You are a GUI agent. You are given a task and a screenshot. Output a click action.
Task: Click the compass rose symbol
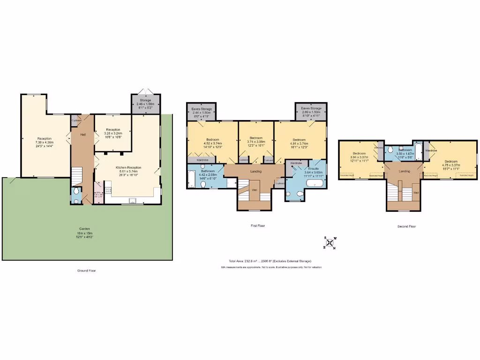pyautogui.click(x=330, y=243)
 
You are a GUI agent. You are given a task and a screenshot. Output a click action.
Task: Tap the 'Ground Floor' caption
pyautogui.click(x=87, y=270)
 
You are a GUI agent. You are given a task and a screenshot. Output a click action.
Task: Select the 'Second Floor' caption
pyautogui.click(x=406, y=226)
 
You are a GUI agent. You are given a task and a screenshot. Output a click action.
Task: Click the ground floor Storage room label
pyautogui.click(x=145, y=104)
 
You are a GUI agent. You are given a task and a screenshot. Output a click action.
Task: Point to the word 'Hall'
pyautogui.click(x=83, y=135)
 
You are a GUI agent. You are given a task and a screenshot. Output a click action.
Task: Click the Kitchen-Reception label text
pyautogui.click(x=128, y=170)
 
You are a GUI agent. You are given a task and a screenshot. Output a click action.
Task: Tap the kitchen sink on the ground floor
pyautogui.click(x=132, y=202)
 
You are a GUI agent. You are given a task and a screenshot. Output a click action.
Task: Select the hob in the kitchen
pyautogui.click(x=107, y=190)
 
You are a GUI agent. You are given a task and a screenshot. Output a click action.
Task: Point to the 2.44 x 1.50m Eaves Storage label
pyautogui.click(x=201, y=111)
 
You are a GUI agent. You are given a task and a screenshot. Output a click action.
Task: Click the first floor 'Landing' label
pyautogui.click(x=256, y=171)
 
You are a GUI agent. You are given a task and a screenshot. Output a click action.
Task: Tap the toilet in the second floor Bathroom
pyautogui.click(x=390, y=150)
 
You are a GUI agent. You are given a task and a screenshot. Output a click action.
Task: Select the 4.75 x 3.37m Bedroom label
pyautogui.click(x=450, y=163)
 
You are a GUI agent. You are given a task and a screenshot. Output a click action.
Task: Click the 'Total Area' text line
pyautogui.click(x=270, y=261)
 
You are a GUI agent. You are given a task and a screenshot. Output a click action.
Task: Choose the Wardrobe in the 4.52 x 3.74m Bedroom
pyautogui.click(x=202, y=160)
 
